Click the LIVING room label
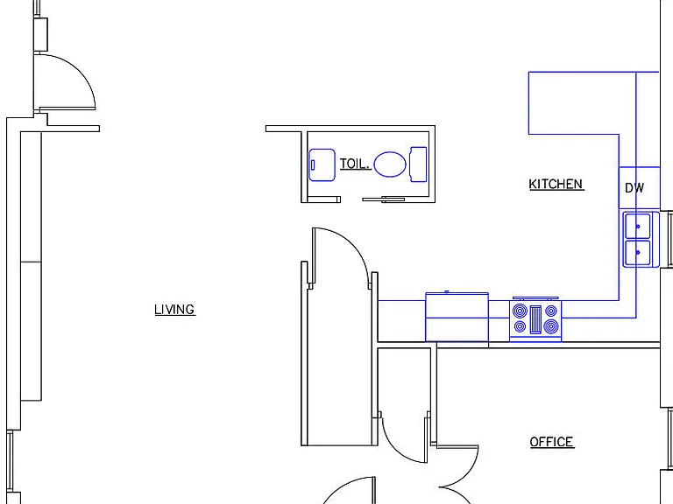(x=174, y=310)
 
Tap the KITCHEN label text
(x=556, y=185)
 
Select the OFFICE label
(x=551, y=442)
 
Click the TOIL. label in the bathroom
(x=355, y=164)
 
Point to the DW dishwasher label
(x=634, y=188)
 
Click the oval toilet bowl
(x=390, y=164)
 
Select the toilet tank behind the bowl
(x=418, y=164)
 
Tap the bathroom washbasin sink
(x=322, y=165)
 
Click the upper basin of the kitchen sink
(x=637, y=227)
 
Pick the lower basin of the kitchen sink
(x=637, y=252)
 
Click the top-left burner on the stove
(x=520, y=311)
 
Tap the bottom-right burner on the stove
(x=551, y=326)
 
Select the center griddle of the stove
(x=535, y=319)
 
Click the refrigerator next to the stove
(x=457, y=317)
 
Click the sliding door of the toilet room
(x=383, y=199)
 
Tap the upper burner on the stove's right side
(x=550, y=311)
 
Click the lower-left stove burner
(x=520, y=327)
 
